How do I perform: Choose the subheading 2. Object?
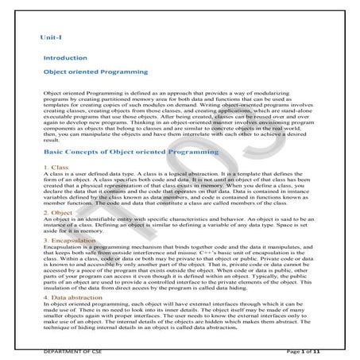58,213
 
